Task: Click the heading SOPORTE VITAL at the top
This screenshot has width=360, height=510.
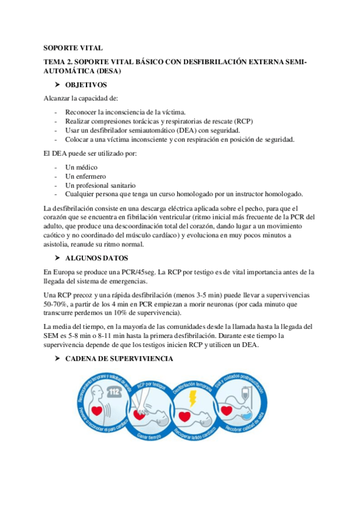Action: (x=73, y=48)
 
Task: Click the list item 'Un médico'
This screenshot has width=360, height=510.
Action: (x=81, y=167)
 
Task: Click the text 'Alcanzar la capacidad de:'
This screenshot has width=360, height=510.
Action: (x=81, y=98)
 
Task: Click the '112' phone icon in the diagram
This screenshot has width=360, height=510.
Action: (x=114, y=392)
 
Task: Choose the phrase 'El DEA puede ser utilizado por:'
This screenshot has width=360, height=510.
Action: (x=91, y=153)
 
